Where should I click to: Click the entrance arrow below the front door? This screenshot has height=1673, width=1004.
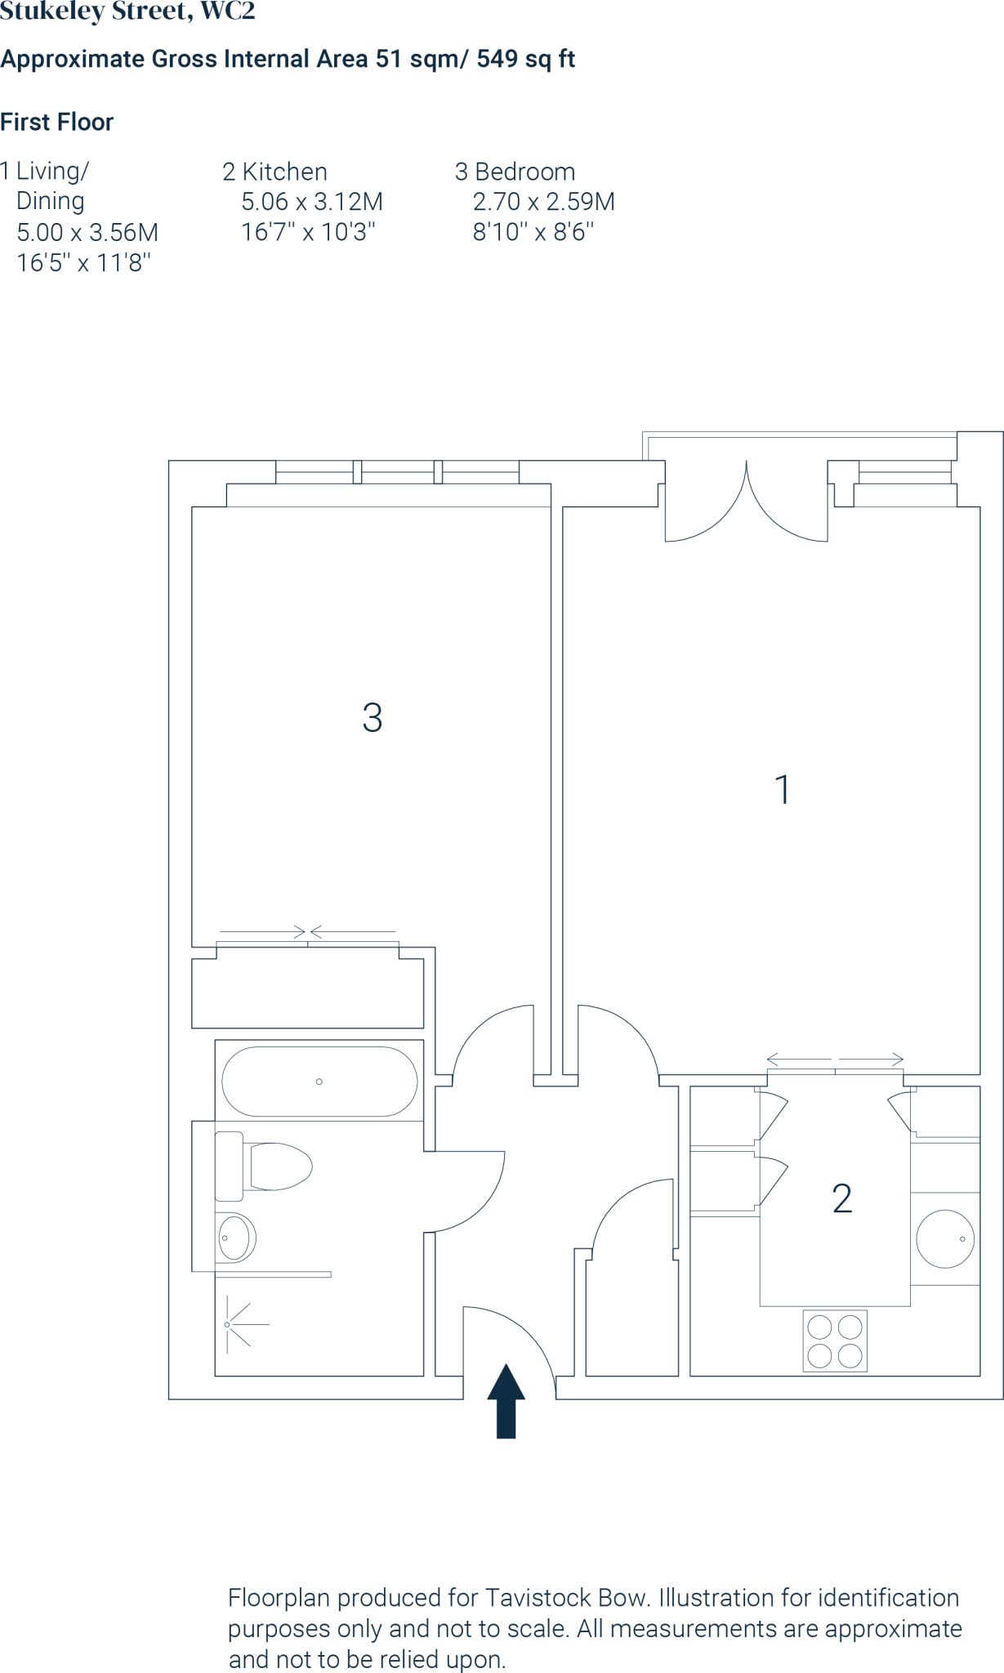(x=506, y=1400)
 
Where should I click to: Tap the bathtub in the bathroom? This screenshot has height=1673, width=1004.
(x=319, y=1082)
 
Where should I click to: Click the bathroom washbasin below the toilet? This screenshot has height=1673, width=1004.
(x=235, y=1238)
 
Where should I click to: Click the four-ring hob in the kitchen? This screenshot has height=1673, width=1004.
(x=835, y=1341)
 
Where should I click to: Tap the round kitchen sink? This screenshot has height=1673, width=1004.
(x=945, y=1238)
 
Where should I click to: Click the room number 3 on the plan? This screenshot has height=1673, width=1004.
(x=373, y=718)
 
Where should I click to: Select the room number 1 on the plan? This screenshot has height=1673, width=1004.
(x=783, y=790)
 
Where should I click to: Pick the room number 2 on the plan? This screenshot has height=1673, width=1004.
(x=842, y=1199)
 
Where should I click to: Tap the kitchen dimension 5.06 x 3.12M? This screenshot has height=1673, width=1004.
(x=312, y=202)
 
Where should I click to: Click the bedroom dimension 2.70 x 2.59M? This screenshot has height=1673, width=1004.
(x=543, y=202)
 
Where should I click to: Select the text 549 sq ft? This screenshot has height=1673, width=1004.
(x=526, y=59)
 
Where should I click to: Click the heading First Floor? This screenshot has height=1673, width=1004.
(x=56, y=122)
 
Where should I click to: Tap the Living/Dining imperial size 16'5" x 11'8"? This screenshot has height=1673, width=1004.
(x=84, y=263)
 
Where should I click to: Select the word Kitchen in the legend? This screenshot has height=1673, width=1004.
(x=285, y=172)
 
